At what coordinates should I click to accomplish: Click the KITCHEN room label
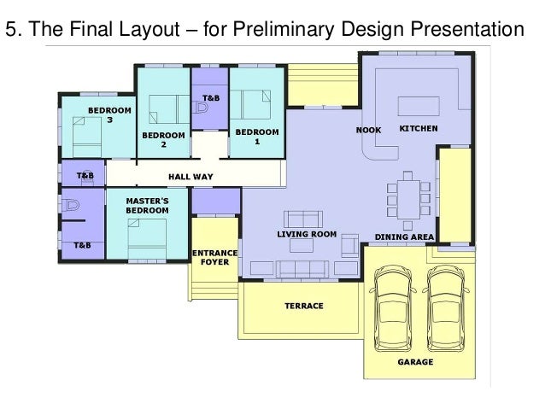click(419, 129)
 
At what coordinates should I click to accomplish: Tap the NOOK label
click(368, 131)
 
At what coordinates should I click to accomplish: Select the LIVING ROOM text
click(307, 234)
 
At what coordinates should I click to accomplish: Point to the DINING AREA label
click(404, 237)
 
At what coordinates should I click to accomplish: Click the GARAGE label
click(415, 362)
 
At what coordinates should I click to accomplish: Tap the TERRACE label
click(304, 306)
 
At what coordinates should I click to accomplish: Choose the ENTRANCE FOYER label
click(214, 258)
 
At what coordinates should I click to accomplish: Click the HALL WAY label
click(190, 177)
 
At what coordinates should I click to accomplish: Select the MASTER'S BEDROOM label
click(147, 206)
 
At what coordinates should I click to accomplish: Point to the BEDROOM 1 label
click(257, 137)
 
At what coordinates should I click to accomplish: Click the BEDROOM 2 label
click(163, 140)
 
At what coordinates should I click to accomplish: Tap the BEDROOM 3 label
click(109, 115)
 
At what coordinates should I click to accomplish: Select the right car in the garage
click(446, 309)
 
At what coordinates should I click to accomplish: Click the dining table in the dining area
click(408, 200)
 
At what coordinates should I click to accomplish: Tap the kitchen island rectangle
click(419, 106)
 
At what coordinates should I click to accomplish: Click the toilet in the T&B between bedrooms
click(201, 108)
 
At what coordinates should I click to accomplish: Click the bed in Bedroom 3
click(87, 137)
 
